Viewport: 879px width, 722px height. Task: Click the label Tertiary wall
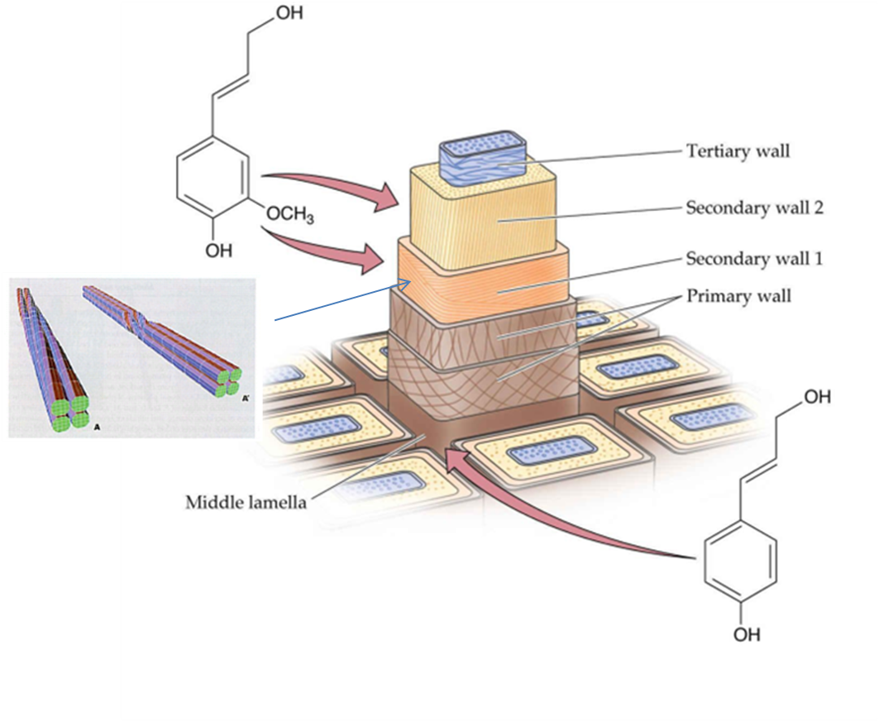738,151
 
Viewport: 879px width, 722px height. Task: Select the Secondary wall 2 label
754,207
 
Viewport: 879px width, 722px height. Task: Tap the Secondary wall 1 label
754,259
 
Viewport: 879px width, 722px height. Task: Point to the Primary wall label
738,295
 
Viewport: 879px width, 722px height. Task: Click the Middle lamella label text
246,502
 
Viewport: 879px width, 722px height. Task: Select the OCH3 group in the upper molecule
289,216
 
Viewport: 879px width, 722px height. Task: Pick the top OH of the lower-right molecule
817,397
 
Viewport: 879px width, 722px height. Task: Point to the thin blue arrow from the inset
339,301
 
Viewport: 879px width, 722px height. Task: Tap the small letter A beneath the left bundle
97,428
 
